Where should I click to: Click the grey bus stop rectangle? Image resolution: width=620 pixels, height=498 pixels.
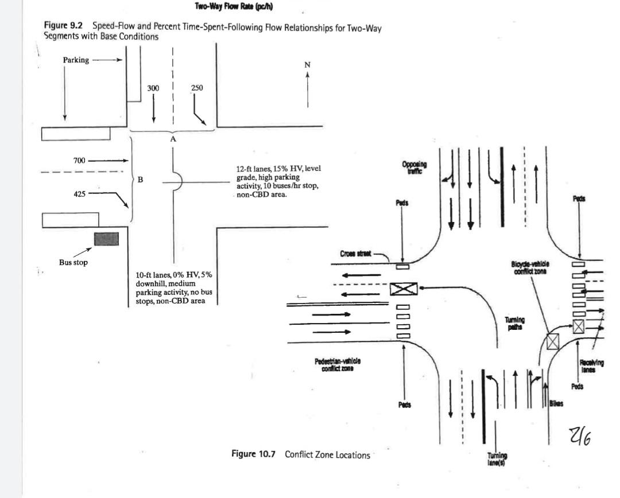coord(106,239)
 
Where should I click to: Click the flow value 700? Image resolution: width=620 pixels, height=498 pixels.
coord(79,160)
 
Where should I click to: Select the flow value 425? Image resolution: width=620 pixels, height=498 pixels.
coord(79,194)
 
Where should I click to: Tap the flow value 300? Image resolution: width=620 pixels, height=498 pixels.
coord(153,88)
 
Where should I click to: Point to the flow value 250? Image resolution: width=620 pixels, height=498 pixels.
coord(196,88)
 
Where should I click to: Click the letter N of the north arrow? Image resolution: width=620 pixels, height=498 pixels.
coord(308,65)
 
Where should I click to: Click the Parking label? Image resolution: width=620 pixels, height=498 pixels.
coord(76,60)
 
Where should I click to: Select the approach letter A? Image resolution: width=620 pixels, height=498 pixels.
coord(173,139)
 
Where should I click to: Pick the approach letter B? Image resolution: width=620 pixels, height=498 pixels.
coord(140,180)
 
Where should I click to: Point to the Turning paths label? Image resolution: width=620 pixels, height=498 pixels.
coord(514,323)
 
